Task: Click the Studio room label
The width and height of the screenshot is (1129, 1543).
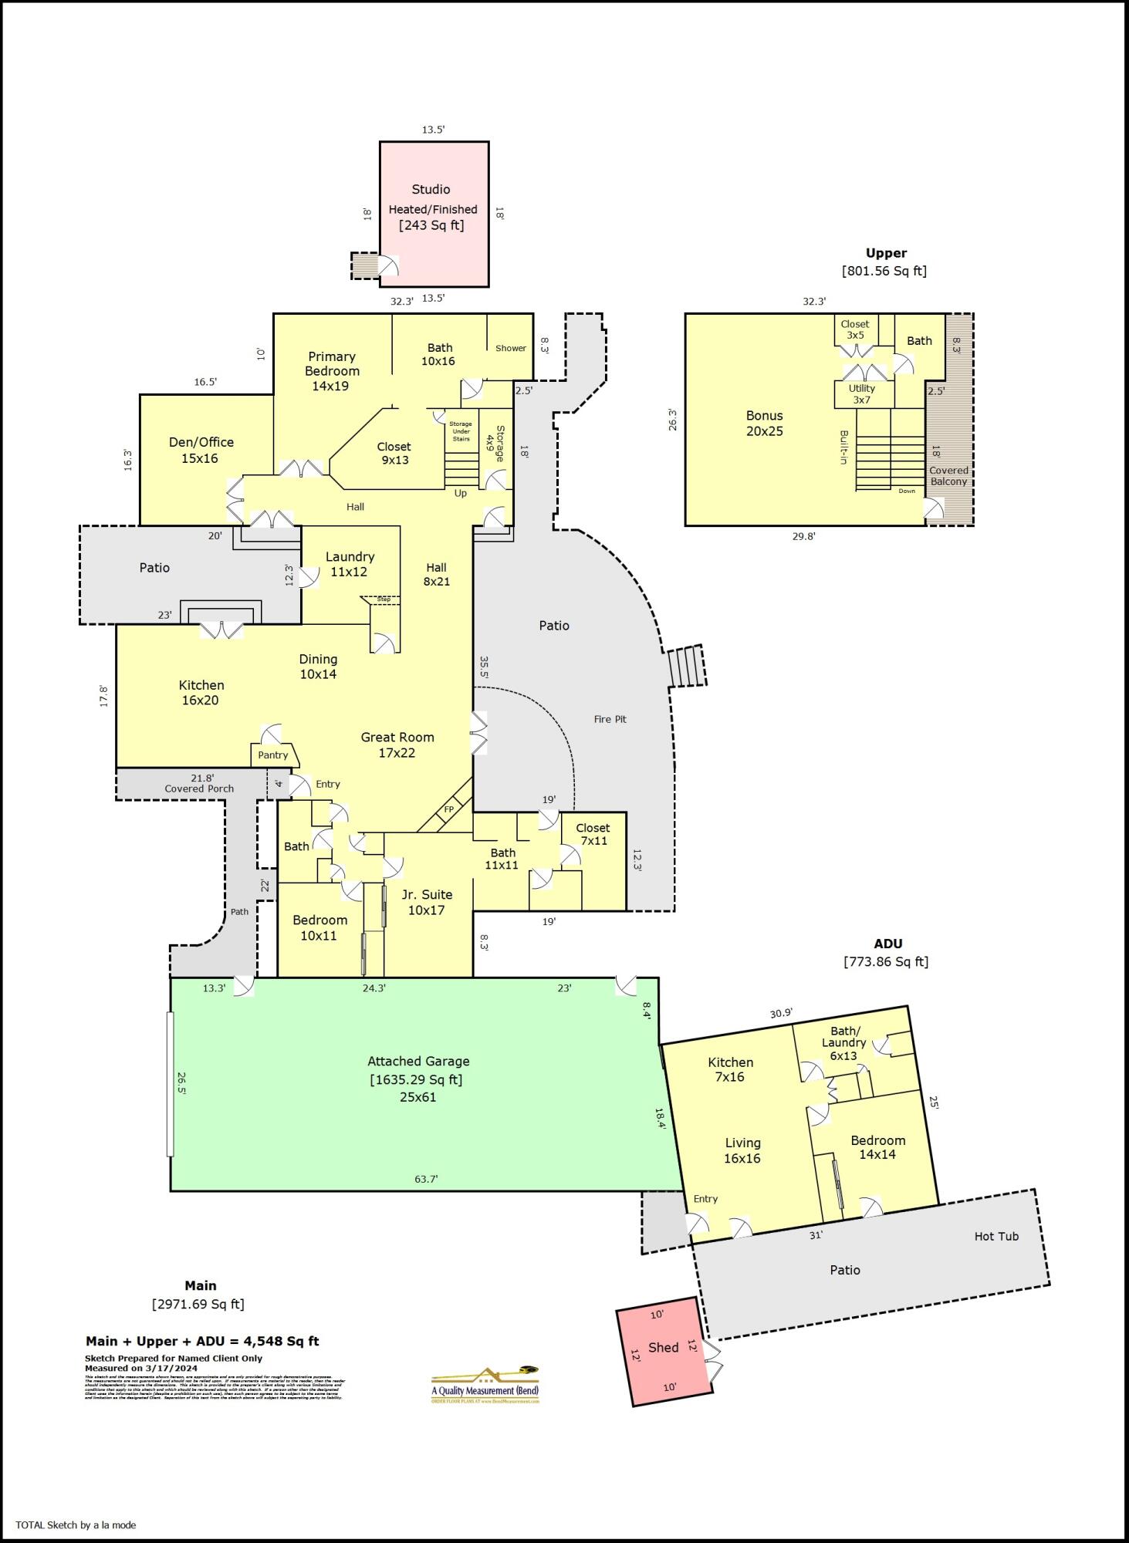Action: click(x=431, y=189)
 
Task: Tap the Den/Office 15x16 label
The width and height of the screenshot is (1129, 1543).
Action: click(x=201, y=450)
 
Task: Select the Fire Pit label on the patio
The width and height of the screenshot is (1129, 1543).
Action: click(x=610, y=719)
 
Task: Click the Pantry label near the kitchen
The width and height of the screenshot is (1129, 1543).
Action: click(x=272, y=755)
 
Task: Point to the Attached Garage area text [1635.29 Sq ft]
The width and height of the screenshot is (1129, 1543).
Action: click(x=416, y=1079)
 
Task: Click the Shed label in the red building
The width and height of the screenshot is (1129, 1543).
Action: click(x=663, y=1347)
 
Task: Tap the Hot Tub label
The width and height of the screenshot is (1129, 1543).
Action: click(x=995, y=1236)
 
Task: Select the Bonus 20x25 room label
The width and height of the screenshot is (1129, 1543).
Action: click(x=764, y=424)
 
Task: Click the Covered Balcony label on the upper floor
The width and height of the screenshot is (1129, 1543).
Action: click(x=948, y=476)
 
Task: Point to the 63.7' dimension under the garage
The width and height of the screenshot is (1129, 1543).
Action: click(x=426, y=1179)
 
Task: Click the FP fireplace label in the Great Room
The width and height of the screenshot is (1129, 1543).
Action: click(x=448, y=809)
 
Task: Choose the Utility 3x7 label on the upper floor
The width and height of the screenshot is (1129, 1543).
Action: click(x=862, y=393)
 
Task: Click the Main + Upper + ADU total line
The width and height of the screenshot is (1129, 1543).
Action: click(x=202, y=1341)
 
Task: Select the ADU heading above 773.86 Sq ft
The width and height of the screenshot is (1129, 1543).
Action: click(x=887, y=944)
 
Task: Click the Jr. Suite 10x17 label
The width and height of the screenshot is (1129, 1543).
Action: click(x=427, y=902)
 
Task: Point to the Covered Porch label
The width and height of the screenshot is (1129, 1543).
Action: click(x=199, y=788)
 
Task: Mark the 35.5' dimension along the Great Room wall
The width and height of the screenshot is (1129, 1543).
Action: click(x=484, y=667)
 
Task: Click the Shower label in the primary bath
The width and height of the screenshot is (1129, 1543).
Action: click(x=510, y=348)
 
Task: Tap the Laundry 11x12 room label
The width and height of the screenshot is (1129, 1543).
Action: click(x=350, y=564)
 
